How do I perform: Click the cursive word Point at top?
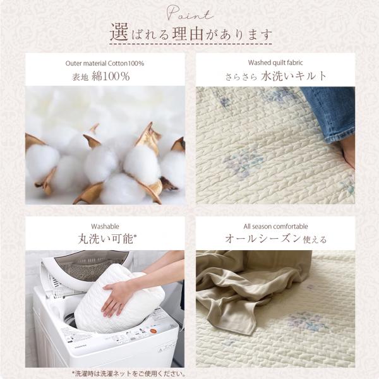point(190,13)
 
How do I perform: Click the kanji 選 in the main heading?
point(119,32)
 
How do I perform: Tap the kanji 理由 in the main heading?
point(188,33)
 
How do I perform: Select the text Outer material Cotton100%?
point(105,63)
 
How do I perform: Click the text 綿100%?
point(111,76)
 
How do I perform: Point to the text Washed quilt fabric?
point(275,63)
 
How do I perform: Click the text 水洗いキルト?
point(294,76)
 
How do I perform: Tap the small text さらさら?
point(241,77)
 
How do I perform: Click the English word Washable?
point(105,227)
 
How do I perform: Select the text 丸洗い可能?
point(105,239)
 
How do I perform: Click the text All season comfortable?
point(275,227)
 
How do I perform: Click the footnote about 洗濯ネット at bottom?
point(129,374)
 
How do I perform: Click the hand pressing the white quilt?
point(116,299)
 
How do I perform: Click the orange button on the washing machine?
point(153,330)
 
